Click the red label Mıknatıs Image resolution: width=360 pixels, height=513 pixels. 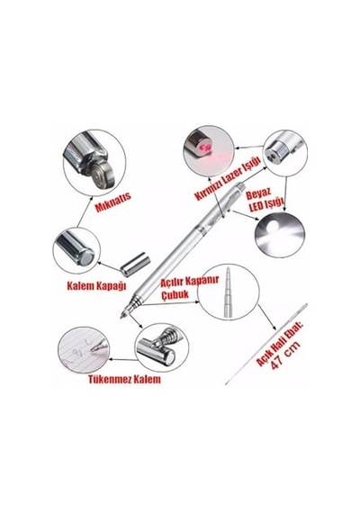click(x=113, y=202)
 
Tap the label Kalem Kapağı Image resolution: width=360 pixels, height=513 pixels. click(x=96, y=285)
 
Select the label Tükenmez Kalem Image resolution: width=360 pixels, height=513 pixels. click(x=124, y=379)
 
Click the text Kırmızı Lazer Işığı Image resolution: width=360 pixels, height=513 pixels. click(x=228, y=178)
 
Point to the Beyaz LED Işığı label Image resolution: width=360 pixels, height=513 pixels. click(x=264, y=199)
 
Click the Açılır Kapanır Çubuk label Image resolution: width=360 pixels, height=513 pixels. click(x=190, y=286)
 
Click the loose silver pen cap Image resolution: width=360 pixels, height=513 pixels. click(x=135, y=264)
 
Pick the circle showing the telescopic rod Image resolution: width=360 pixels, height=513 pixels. click(x=229, y=292)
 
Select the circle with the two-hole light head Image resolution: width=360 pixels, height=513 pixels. click(x=285, y=154)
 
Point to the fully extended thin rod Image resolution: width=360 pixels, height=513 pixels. click(x=266, y=344)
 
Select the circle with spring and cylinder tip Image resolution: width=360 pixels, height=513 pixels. click(x=162, y=347)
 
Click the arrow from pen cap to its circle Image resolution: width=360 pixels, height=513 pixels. click(x=109, y=266)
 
